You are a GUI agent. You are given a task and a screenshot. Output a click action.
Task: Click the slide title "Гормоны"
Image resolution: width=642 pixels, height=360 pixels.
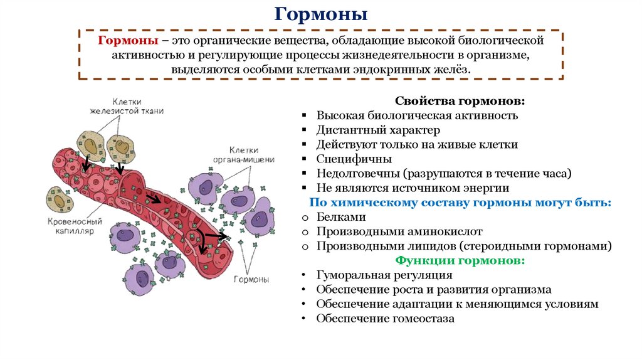pos(321,14)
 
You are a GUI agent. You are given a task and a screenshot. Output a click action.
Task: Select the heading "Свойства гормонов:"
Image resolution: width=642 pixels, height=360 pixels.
pos(460,101)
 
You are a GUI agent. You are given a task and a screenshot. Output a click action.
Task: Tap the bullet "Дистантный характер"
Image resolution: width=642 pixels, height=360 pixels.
pos(378,130)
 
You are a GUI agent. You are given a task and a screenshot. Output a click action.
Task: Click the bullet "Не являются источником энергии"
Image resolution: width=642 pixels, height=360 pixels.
pos(412,188)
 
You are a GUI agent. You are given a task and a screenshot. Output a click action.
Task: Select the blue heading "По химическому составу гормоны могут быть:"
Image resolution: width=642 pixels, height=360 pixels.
pos(460,203)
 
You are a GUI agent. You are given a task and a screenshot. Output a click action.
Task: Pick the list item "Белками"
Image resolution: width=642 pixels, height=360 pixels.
pos(340,217)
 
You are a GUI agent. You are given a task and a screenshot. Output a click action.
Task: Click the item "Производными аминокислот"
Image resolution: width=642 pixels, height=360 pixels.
pos(389,231)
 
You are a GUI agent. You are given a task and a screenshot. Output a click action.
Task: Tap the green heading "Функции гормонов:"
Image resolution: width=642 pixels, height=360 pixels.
pos(460,260)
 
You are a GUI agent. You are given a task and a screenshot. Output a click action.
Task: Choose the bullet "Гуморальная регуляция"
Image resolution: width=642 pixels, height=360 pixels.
pos(384,275)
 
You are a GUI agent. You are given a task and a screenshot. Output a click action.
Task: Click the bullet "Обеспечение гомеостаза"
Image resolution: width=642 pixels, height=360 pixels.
pos(385,318)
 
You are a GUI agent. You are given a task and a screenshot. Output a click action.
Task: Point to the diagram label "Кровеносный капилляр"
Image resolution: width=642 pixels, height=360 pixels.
pos(75,226)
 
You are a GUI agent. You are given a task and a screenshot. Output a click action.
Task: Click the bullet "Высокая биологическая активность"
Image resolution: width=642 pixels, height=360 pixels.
pos(417,115)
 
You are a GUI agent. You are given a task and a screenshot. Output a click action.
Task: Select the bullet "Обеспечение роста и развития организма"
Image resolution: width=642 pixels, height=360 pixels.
pos(434,289)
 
